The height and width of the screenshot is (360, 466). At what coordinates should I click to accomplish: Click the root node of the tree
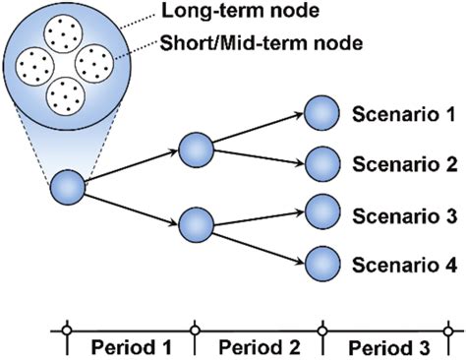click(67, 186)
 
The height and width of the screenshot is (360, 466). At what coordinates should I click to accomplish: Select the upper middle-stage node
click(196, 150)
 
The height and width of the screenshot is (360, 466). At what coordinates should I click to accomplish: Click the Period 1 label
click(130, 347)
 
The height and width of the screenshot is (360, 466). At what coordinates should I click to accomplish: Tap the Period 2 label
click(258, 347)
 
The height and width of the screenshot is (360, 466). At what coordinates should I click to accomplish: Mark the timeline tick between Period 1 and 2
click(194, 330)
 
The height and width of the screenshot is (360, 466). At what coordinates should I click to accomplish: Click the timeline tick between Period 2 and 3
click(322, 330)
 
